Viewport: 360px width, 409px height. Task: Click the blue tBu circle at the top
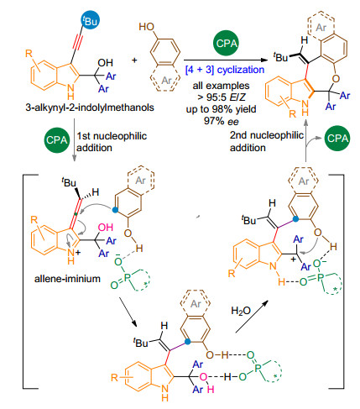coord(90,20)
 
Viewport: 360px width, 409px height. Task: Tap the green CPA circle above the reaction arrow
coord(227,43)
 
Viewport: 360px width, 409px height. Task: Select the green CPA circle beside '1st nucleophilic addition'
coord(57,140)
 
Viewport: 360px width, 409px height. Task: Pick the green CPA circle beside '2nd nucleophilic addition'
coord(337,138)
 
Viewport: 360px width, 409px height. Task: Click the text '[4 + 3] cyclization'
coord(225,70)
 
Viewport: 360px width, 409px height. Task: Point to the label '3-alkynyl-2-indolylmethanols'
coord(90,107)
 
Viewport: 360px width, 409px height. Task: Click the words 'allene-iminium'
coord(67,279)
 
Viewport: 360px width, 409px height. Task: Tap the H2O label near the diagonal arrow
coord(241,311)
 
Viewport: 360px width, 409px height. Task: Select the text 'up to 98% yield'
coord(222,109)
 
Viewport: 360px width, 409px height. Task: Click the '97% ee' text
coord(222,121)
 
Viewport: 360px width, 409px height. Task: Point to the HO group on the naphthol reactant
coord(147,27)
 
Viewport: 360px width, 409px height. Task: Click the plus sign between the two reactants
coord(134,60)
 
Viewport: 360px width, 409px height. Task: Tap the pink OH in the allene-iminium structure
coord(106,227)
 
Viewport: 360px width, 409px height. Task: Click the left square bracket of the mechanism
coord(23,281)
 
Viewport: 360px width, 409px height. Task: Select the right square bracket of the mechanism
coord(343,281)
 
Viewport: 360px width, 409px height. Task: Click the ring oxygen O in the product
coord(336,78)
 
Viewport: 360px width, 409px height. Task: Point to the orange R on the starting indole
coord(29,53)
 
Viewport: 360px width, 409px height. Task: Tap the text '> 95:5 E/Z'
coord(222,97)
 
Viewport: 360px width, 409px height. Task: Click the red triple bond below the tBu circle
coord(78,39)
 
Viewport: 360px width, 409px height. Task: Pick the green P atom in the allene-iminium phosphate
coord(128,278)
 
